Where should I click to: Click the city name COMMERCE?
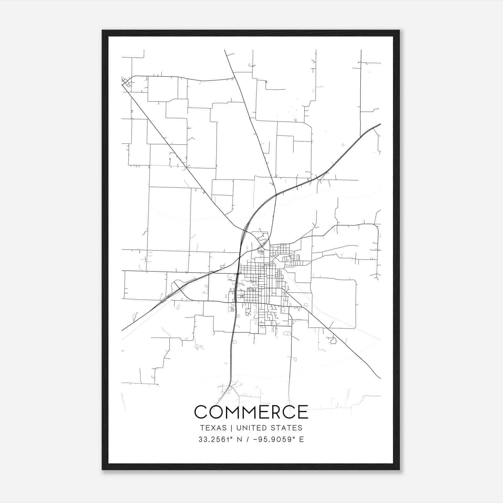coord(251,412)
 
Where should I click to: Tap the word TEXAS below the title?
coord(213,428)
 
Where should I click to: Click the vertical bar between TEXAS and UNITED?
coord(231,428)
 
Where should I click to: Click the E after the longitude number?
coord(302,439)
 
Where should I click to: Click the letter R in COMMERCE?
coord(277,412)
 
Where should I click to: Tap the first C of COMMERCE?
coord(201,412)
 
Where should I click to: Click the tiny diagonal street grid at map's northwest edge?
coord(127,83)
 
